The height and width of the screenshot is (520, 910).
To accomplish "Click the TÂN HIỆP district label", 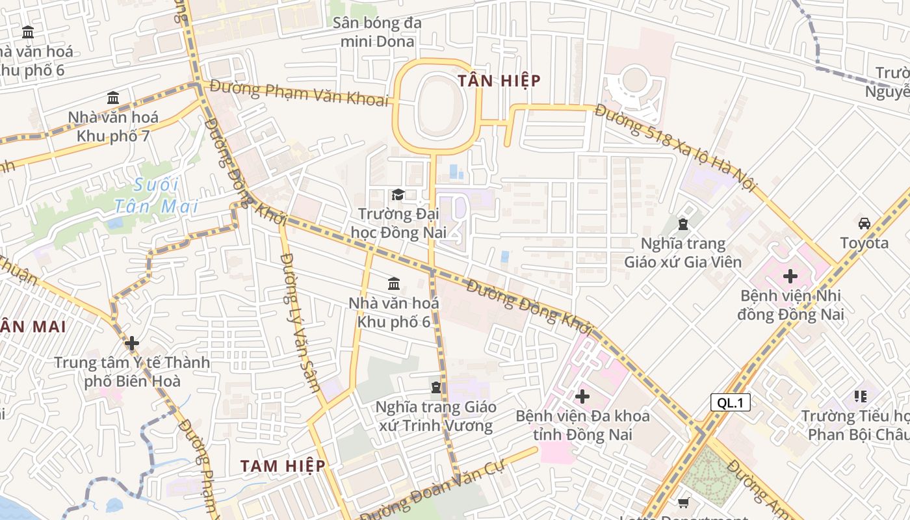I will pos(499,81).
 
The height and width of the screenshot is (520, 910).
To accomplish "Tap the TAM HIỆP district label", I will pos(283,465).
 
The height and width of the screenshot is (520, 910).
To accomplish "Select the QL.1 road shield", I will pos(730,402).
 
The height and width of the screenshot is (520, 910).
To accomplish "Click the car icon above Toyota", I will pos(864,224).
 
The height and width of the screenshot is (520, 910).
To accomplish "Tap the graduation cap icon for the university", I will pos(398,194).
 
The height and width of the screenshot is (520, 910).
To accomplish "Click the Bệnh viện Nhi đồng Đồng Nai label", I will pos(792,305).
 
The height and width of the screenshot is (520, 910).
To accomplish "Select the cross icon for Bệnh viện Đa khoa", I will pos(582,396).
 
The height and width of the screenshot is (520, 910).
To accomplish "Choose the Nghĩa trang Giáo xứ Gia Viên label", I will pos(682,253).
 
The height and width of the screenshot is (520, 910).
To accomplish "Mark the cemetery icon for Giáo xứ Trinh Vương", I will pos(435,387).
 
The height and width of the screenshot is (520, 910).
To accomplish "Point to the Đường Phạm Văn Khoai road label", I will pos(299,92).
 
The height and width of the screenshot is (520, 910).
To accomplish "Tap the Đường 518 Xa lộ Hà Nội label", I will pos(676,148).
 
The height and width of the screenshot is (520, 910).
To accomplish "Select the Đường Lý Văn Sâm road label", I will pos(300,322).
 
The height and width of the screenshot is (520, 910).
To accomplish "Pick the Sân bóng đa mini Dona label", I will pos(377,32).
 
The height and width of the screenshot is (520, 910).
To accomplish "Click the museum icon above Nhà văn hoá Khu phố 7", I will pos(113,97).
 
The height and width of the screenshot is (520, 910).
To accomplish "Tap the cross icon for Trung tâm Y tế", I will pos(132,343).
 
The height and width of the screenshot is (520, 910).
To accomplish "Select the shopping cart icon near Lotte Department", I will pos(683,502).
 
